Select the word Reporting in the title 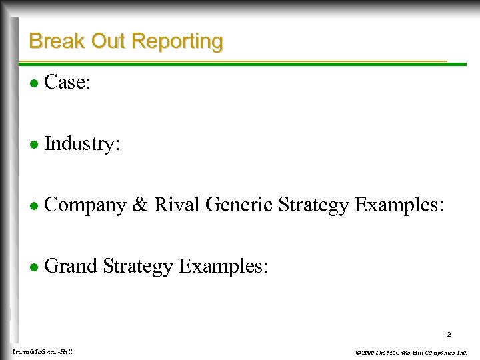click(x=177, y=41)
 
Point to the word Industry click(x=81, y=144)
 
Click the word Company click(x=85, y=205)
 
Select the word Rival click(x=177, y=205)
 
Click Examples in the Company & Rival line click(x=399, y=205)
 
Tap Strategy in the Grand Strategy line click(x=138, y=267)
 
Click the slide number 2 click(x=449, y=334)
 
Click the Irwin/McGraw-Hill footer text click(x=42, y=351)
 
